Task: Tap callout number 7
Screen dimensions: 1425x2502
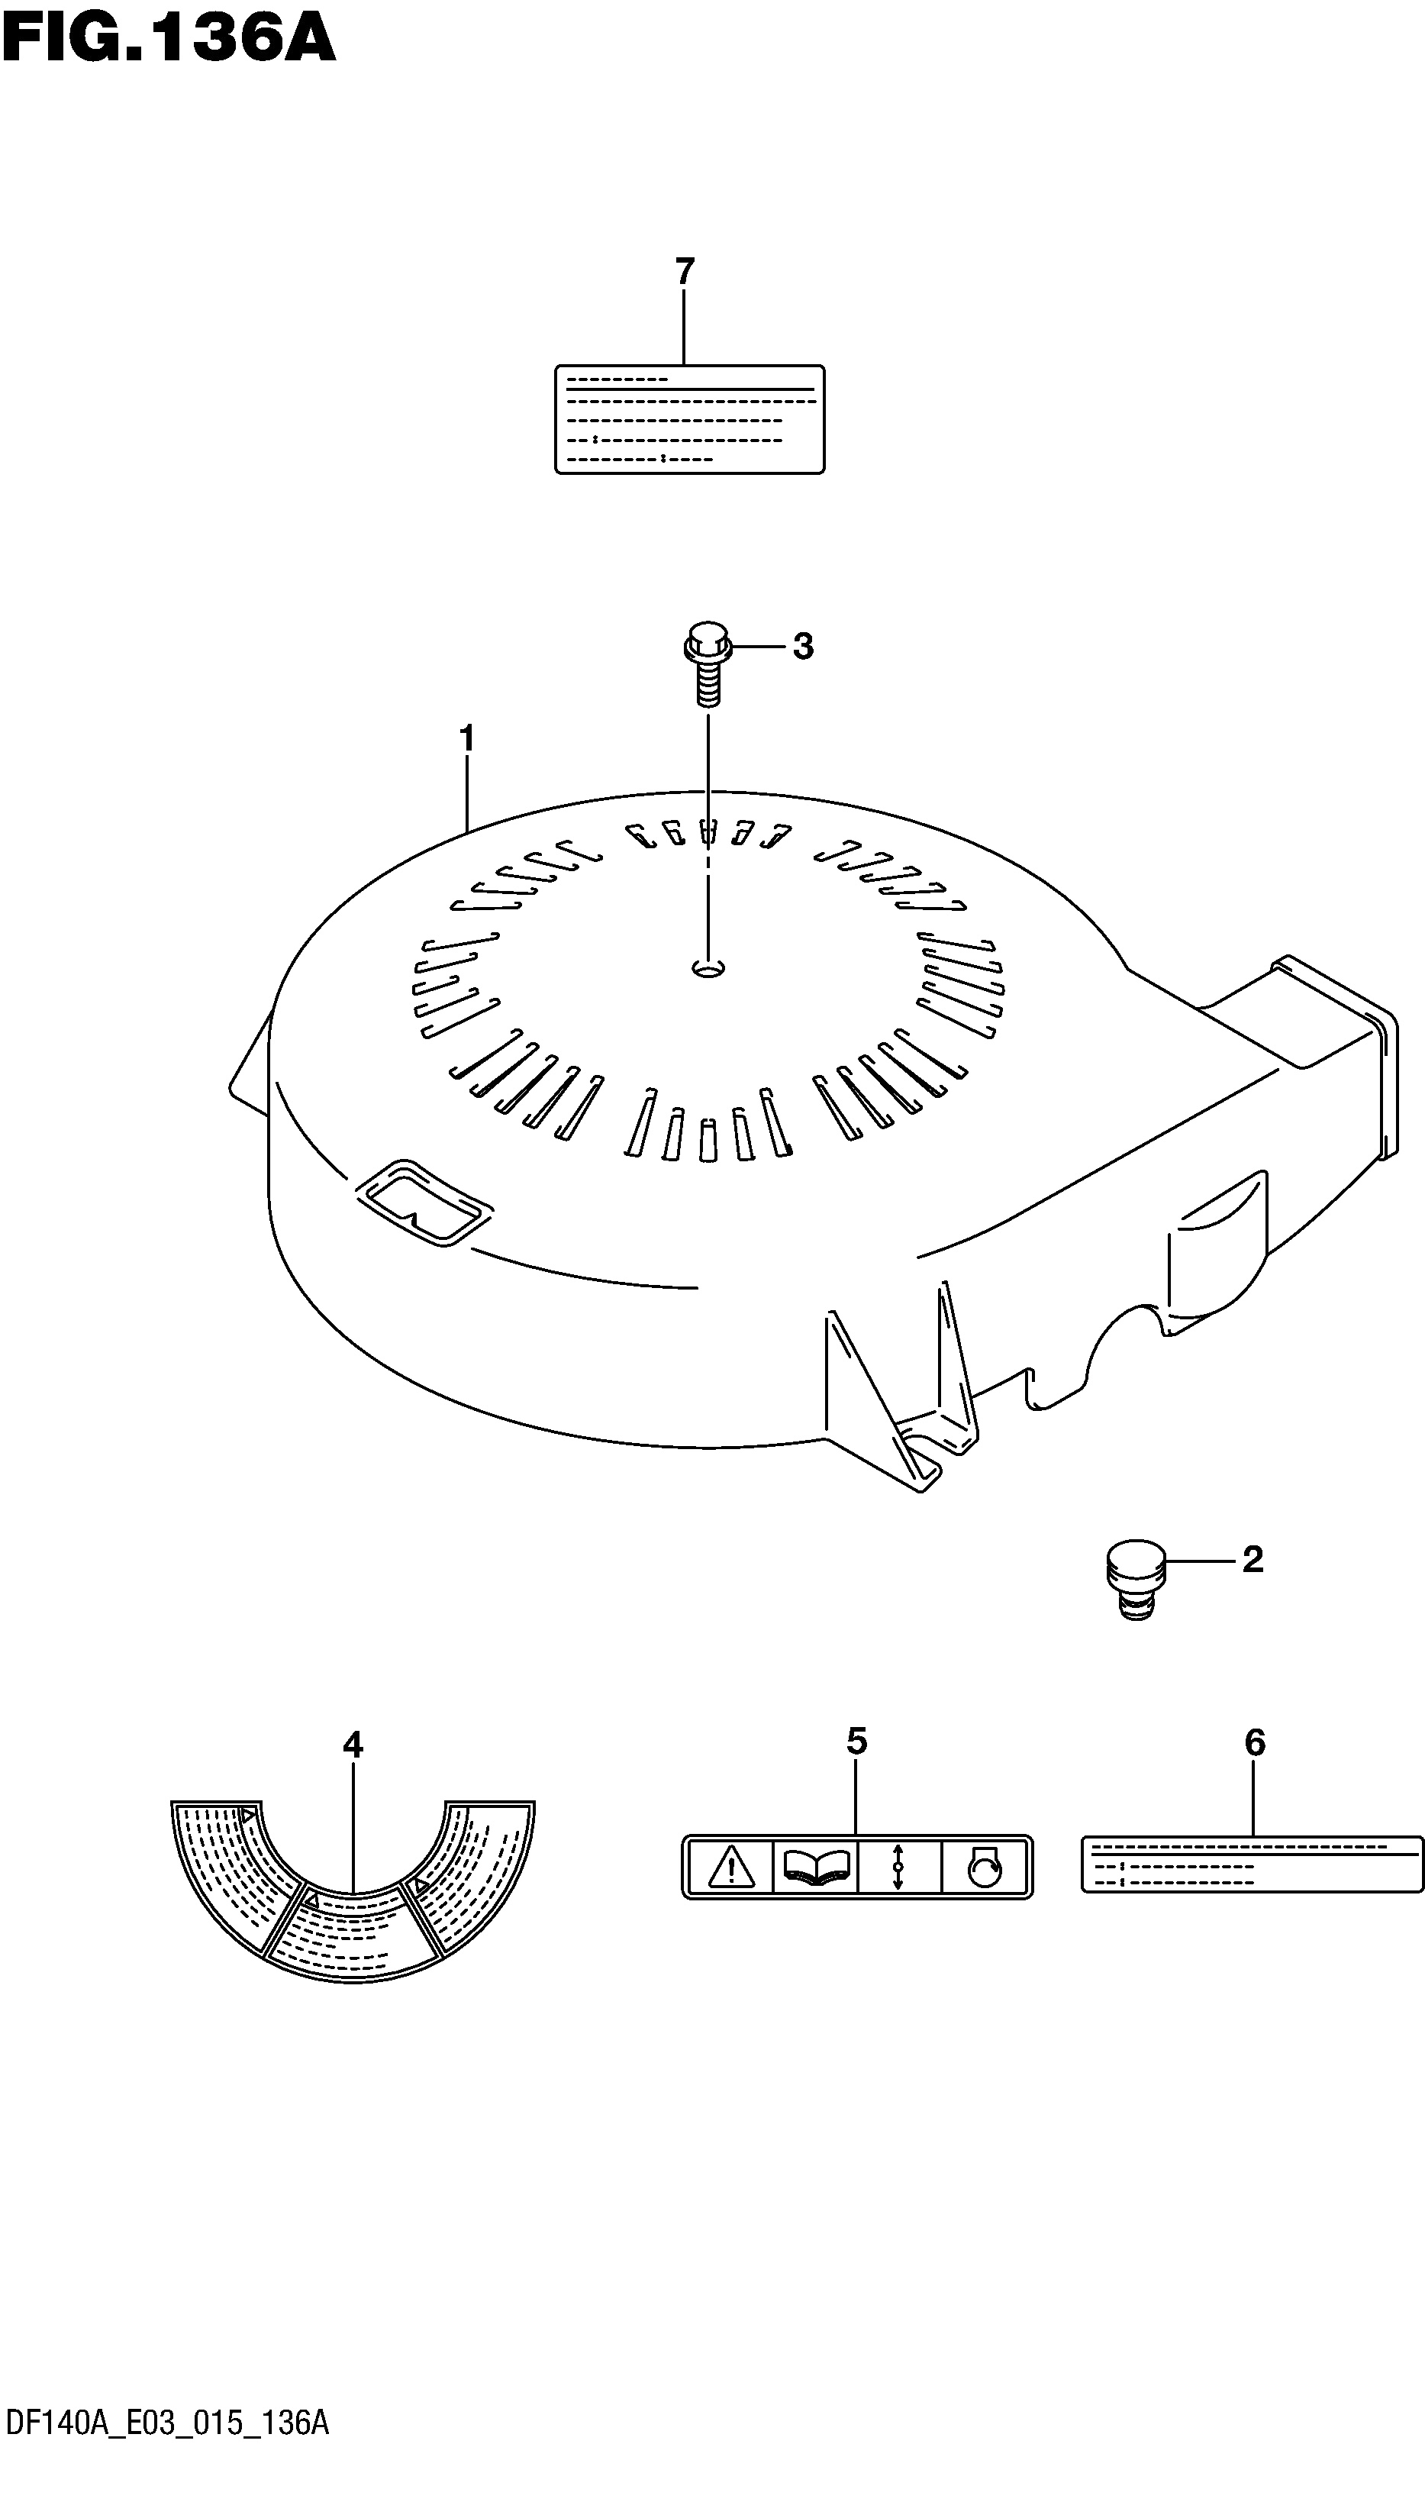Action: tap(684, 271)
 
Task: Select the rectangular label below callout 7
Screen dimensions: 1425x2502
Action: tap(690, 419)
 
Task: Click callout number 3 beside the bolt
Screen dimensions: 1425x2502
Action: tap(802, 646)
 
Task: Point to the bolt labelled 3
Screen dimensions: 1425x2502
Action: tap(708, 663)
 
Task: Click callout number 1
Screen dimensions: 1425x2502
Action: tap(467, 738)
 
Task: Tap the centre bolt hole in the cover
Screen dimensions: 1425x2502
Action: tap(708, 968)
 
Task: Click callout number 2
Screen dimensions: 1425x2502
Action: tap(1253, 1559)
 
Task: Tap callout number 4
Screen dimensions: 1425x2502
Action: tap(353, 1745)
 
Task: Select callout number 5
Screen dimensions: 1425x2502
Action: tap(856, 1742)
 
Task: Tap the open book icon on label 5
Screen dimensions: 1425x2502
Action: tap(816, 1868)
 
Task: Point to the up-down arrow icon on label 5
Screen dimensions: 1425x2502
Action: tap(898, 1868)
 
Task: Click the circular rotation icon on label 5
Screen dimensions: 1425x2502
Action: tap(984, 1868)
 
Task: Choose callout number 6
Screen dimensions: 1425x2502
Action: tap(1255, 1742)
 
